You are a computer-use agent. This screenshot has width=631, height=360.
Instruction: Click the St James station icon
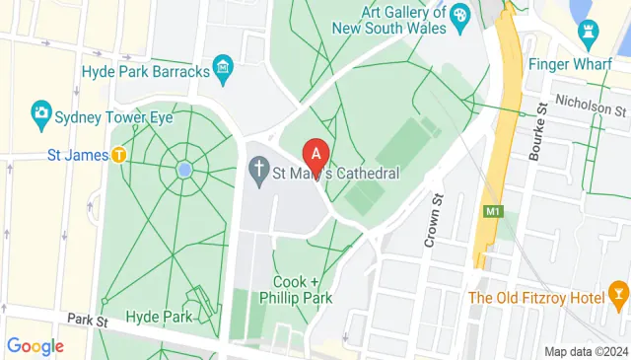[118, 155]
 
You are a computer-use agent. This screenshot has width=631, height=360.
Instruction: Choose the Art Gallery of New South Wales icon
[457, 17]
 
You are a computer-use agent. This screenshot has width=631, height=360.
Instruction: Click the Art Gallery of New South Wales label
[390, 20]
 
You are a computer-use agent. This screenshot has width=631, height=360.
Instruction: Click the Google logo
[35, 346]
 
